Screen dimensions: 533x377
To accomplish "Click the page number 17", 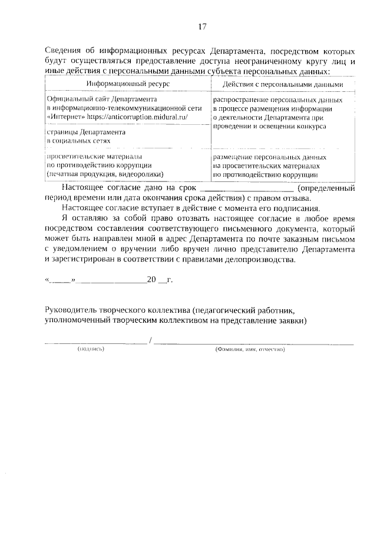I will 202,27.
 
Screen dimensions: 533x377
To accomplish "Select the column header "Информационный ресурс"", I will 128,84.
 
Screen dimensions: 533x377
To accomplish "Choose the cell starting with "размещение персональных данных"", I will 269,165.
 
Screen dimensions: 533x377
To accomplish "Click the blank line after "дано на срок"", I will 247,188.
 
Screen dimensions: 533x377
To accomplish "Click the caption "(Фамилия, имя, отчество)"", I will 250,349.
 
